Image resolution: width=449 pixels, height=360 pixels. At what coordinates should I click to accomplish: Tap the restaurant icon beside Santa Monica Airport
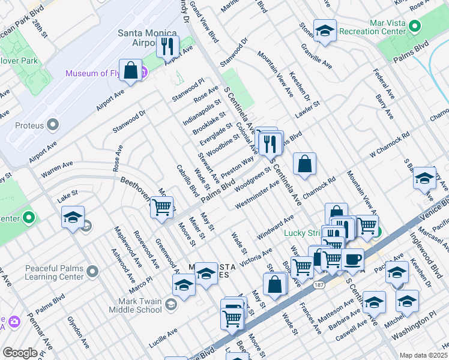pos(167,46)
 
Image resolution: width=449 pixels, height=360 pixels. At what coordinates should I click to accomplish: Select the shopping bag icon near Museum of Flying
pos(130,70)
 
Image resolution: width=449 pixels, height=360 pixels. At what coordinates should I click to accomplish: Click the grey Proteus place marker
pos(53,125)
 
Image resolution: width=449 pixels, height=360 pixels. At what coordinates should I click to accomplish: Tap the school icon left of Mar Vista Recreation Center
pos(325,31)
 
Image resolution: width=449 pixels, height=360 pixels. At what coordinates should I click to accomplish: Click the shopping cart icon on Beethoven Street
pos(161,207)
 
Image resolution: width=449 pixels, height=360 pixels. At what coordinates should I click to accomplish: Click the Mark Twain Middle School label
pos(135,305)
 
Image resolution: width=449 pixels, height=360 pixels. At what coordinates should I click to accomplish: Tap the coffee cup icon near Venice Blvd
pos(352,259)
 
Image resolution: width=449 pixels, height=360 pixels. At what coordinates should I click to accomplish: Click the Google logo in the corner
pos(20,353)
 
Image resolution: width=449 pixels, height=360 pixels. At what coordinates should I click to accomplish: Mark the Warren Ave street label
pos(57,169)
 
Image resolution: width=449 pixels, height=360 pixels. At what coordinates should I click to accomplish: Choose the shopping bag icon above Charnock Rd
pos(305,164)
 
